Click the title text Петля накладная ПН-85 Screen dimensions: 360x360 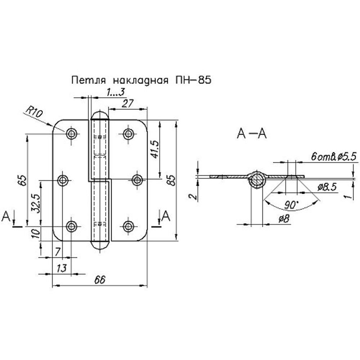141,80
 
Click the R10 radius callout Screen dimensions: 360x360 35,114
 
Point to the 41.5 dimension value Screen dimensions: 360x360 155,149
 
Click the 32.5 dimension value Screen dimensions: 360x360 35,204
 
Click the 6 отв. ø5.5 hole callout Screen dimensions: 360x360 334,157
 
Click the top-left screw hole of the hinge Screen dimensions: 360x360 72,134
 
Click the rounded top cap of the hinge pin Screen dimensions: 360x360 99,116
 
